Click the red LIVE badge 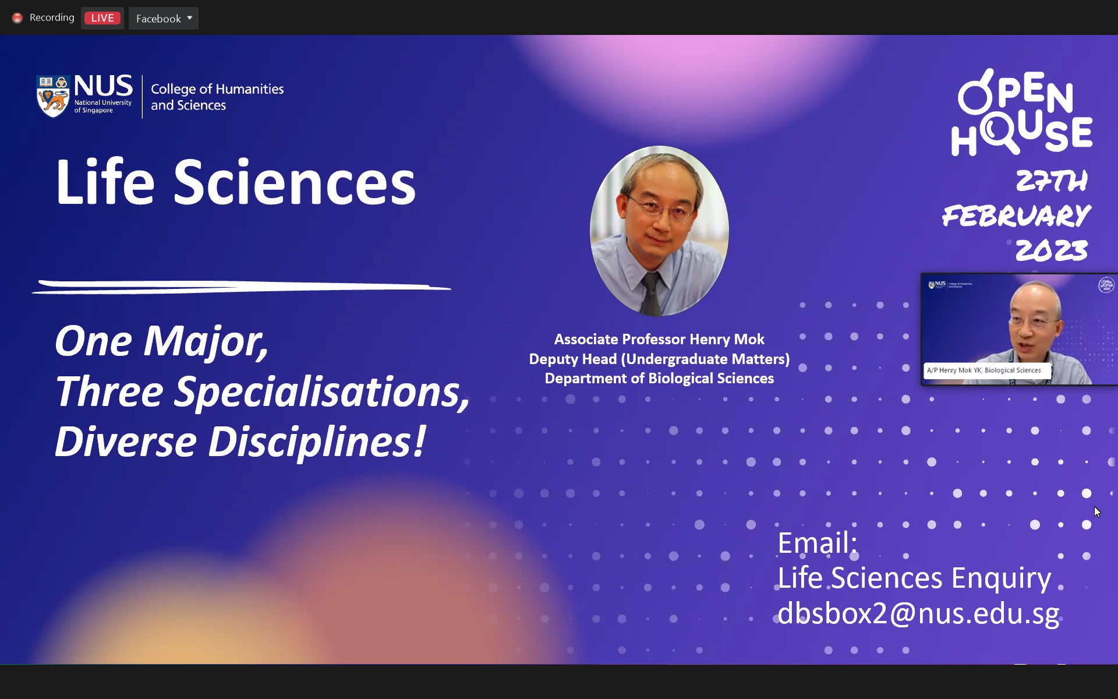click(102, 18)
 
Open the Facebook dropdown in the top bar click(164, 19)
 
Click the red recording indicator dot click(17, 18)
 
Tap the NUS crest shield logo click(53, 96)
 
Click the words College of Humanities click(217, 89)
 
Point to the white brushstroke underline click(242, 287)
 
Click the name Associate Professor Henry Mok click(659, 339)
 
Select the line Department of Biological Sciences click(659, 378)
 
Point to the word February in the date click(1016, 216)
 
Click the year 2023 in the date click(1052, 250)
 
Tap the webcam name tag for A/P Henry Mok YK click(986, 370)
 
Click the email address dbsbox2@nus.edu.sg click(918, 613)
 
